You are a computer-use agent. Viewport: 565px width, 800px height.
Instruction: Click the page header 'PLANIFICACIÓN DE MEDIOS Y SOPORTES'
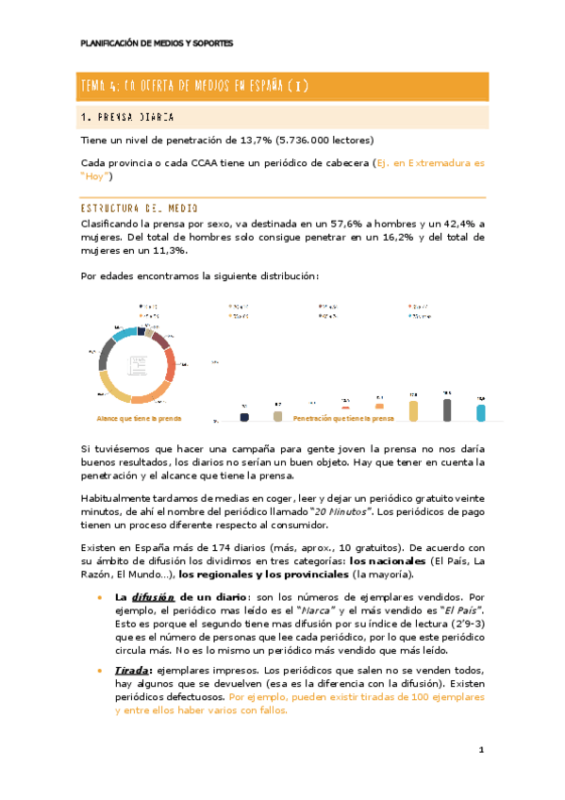[x=156, y=43]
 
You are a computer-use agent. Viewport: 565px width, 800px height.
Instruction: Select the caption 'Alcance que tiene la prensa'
[x=140, y=418]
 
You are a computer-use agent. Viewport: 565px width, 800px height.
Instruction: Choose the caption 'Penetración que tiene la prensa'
[x=343, y=418]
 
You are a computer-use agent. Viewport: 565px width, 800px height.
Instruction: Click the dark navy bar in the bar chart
[x=245, y=416]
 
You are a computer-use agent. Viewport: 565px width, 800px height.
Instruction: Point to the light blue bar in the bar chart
[x=481, y=412]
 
